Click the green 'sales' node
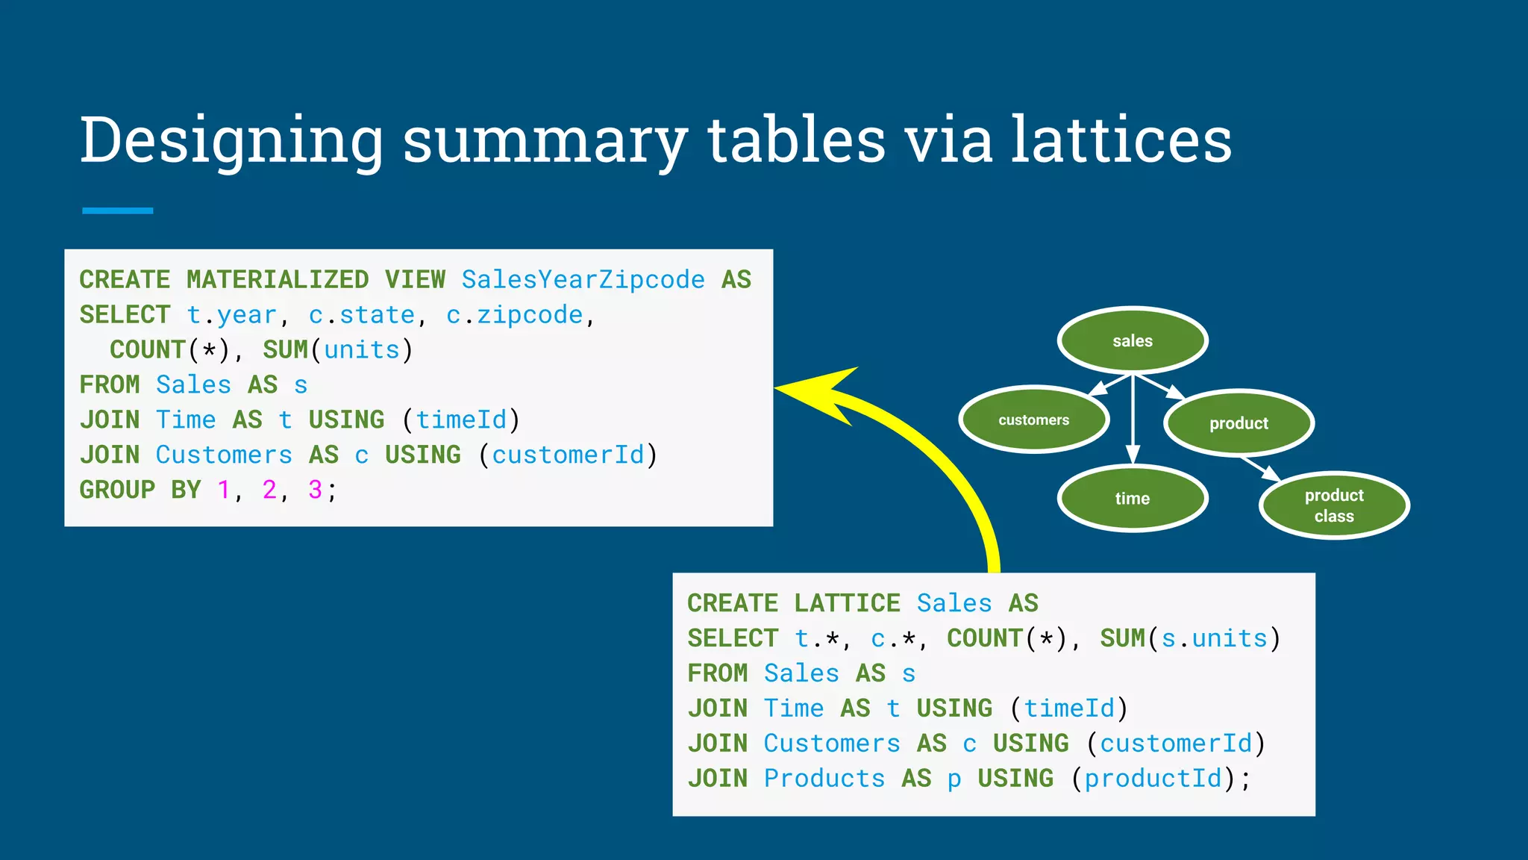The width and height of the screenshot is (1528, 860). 1133,340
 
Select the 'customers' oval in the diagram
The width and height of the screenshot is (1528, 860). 1034,420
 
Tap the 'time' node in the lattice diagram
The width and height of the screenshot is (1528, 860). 1133,498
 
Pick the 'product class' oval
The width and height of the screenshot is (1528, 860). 1334,505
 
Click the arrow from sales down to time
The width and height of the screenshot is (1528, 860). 1133,418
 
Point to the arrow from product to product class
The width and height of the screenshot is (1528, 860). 1261,469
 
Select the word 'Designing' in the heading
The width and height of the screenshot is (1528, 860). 231,142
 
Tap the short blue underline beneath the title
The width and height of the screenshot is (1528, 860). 118,211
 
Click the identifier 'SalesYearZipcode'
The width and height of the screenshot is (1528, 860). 583,279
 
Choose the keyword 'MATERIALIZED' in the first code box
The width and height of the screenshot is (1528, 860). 278,279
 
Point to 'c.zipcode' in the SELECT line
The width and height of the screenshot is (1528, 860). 514,315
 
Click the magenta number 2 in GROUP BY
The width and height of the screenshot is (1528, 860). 269,490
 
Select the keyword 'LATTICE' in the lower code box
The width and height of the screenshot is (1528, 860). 847,603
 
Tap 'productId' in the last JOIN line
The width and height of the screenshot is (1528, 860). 1153,779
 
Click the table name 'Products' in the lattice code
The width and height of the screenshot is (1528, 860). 824,779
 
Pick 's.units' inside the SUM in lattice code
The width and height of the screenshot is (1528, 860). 1214,638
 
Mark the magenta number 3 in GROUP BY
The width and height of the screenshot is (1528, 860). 315,490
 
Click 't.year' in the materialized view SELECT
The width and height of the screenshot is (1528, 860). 231,315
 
